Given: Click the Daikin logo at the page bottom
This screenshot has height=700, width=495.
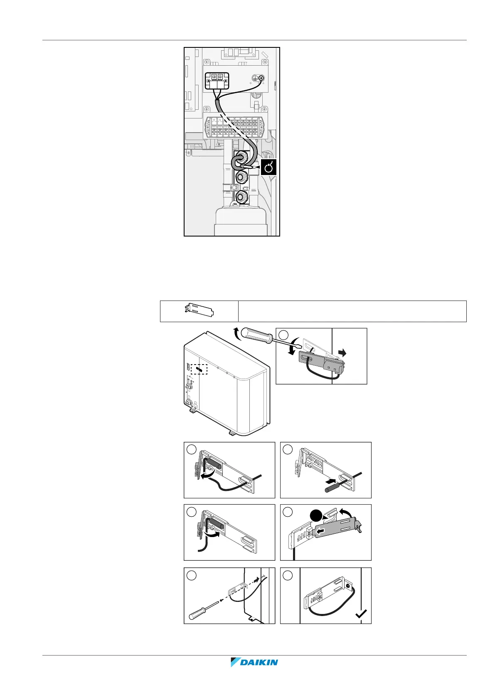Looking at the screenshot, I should (254, 674).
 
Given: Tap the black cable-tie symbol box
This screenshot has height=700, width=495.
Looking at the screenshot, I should (268, 167).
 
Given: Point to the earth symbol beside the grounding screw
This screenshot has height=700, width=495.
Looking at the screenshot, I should (254, 78).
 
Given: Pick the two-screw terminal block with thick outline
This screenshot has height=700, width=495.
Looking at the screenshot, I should (218, 81).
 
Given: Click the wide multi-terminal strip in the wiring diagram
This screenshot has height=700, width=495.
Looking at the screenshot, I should (235, 127).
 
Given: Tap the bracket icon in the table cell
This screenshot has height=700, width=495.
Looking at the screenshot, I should (199, 311).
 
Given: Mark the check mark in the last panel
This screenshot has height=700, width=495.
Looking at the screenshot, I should (361, 614).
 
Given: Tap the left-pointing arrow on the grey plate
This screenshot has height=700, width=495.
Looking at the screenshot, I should (320, 531).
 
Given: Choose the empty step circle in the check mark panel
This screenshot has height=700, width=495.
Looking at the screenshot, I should (288, 575).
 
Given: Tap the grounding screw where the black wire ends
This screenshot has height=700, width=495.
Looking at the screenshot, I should (261, 78).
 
